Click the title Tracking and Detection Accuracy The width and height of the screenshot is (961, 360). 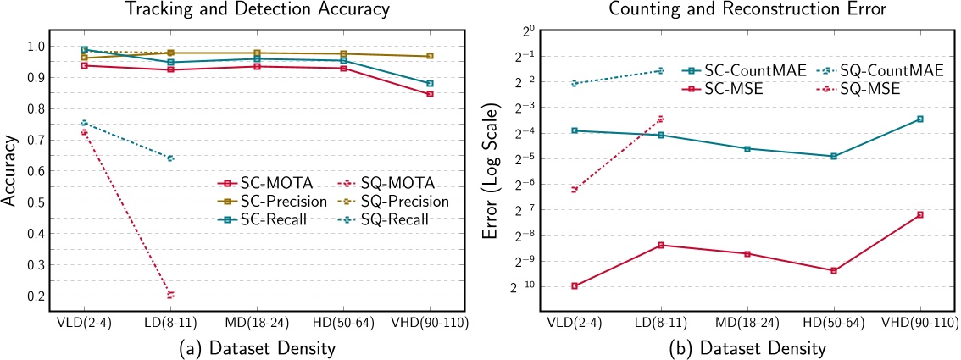click(x=256, y=10)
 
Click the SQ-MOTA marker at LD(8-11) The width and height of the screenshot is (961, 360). click(x=170, y=295)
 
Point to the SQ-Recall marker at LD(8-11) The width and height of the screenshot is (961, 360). click(x=170, y=158)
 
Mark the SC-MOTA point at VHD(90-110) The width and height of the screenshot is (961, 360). click(x=430, y=94)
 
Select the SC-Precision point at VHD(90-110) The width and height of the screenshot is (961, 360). click(x=430, y=56)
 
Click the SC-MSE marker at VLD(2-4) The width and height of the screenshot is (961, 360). click(x=574, y=285)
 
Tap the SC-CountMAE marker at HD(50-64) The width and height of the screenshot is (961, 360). click(x=834, y=156)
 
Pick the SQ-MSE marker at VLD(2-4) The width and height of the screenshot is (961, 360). click(x=574, y=190)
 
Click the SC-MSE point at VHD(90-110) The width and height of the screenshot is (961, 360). click(x=920, y=214)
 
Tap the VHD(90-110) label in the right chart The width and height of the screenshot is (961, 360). click(x=919, y=324)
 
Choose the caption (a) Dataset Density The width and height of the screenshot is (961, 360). click(x=256, y=347)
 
